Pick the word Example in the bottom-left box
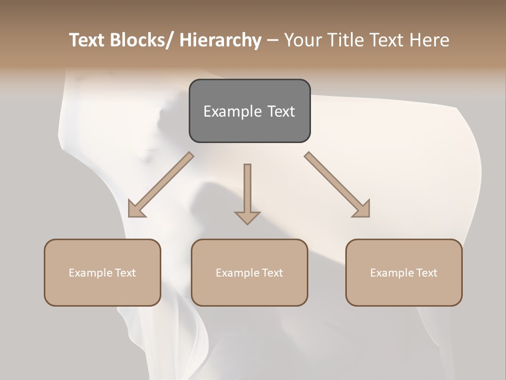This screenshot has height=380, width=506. pyautogui.click(x=90, y=273)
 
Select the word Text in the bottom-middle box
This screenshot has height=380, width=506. pyautogui.click(x=272, y=273)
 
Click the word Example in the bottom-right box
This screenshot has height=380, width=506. pyautogui.click(x=392, y=273)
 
